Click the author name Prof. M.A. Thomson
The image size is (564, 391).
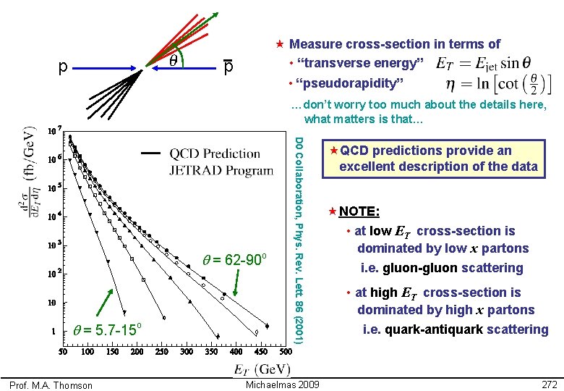coord(51,385)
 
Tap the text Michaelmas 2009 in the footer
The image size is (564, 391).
coord(283,383)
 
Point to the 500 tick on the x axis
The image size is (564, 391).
coord(285,352)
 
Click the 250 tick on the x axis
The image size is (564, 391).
coord(161,352)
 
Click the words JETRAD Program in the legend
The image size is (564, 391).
coord(221,170)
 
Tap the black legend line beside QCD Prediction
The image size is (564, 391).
coord(152,154)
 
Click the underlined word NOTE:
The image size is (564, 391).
coord(359,211)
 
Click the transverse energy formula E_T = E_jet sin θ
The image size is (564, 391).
coord(486,63)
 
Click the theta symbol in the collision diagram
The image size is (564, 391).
coord(174,63)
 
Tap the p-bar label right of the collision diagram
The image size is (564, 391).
coord(227,67)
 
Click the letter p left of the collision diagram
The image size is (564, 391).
coord(63,67)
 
